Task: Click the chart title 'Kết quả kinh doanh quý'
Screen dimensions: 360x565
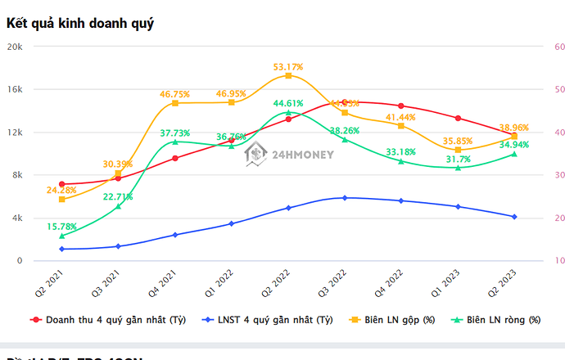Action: pos(80,23)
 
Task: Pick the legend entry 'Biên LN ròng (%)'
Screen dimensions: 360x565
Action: pos(503,319)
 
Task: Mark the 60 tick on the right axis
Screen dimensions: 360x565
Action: pos(558,47)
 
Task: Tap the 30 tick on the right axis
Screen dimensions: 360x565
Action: pos(558,175)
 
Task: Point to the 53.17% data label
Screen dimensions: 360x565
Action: pos(288,66)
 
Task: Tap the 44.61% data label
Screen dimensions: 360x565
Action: pos(288,103)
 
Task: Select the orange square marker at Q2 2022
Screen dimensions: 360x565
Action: pos(288,76)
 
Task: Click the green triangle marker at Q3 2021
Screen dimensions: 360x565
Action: pos(118,206)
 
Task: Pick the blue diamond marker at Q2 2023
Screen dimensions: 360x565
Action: pos(514,217)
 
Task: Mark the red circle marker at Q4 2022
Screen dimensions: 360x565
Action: pos(401,106)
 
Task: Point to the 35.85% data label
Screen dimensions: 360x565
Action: pos(458,140)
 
